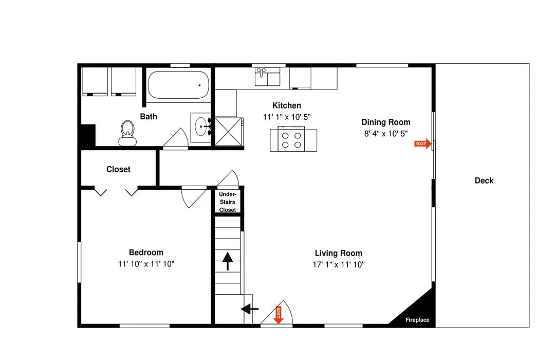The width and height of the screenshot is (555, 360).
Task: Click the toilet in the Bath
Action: coord(127,133)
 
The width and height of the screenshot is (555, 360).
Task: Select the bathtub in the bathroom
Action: coord(178,85)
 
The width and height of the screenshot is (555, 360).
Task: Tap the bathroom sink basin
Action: coord(201,127)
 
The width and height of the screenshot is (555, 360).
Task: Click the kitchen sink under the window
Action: coord(267,77)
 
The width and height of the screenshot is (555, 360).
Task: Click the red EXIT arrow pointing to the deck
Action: coord(422,143)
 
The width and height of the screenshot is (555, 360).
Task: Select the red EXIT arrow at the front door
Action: coord(279,315)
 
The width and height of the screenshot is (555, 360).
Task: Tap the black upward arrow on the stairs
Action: coord(228,261)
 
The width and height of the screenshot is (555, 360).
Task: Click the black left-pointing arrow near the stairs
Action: coord(250,309)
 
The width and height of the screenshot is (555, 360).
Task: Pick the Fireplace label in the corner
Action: coord(417,320)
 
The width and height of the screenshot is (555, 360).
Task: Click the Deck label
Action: coord(484,181)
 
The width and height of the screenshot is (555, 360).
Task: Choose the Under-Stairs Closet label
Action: coord(227,202)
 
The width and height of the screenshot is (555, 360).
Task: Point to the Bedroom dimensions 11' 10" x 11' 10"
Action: coord(146,264)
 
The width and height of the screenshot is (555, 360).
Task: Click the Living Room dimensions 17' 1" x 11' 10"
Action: coord(338,264)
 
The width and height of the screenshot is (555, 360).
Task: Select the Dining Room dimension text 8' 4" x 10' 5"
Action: coord(386,134)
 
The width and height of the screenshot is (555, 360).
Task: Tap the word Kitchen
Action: coord(287,105)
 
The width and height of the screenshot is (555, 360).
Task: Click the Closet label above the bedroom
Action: coord(118,169)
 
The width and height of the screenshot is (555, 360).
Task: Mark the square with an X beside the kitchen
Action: coord(228,132)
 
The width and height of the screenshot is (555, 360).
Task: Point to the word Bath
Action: coord(149,116)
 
